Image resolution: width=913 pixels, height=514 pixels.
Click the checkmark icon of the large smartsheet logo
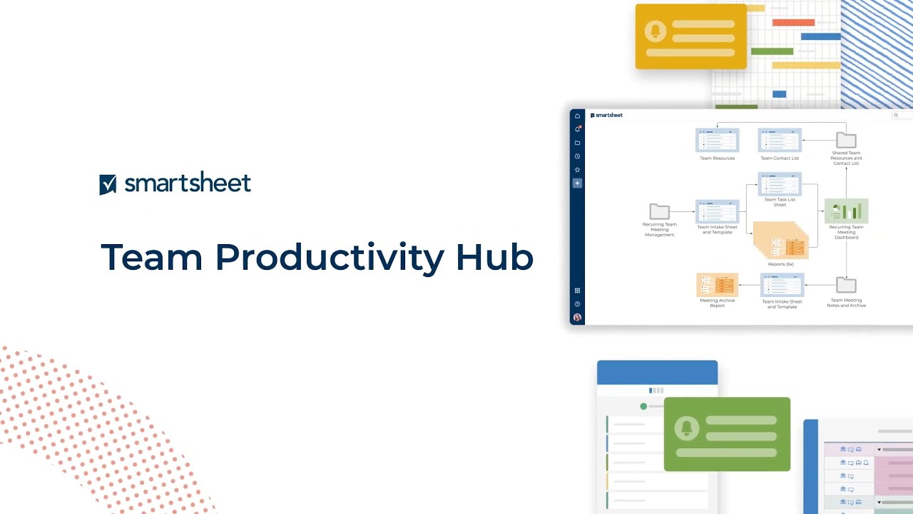point(108,184)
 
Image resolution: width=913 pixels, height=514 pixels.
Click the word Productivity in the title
point(330,257)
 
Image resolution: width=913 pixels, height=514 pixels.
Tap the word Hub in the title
point(494,257)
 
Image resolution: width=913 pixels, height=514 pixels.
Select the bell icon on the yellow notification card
point(655,31)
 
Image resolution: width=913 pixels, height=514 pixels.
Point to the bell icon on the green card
point(686,428)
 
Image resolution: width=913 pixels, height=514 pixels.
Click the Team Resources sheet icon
point(717,141)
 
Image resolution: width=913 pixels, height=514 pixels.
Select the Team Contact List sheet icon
point(780,141)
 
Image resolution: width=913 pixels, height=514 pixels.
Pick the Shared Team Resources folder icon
point(846,140)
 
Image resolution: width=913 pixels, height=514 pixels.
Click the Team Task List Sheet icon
point(780,184)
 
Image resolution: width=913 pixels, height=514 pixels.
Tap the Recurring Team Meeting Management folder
point(660,211)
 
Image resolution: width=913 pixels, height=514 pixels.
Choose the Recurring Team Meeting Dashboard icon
point(846,211)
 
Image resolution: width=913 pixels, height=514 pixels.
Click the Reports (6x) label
point(780,264)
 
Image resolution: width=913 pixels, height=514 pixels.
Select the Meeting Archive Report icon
point(717,285)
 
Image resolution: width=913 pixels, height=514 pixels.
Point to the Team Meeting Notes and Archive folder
point(846,285)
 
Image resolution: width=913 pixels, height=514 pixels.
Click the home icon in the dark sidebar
point(577,116)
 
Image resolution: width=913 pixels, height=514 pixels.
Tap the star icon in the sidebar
point(577,170)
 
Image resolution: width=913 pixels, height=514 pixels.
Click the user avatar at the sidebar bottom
point(577,317)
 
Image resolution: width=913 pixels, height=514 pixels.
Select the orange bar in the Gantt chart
point(793,22)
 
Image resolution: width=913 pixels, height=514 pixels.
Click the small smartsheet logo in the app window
point(606,115)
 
